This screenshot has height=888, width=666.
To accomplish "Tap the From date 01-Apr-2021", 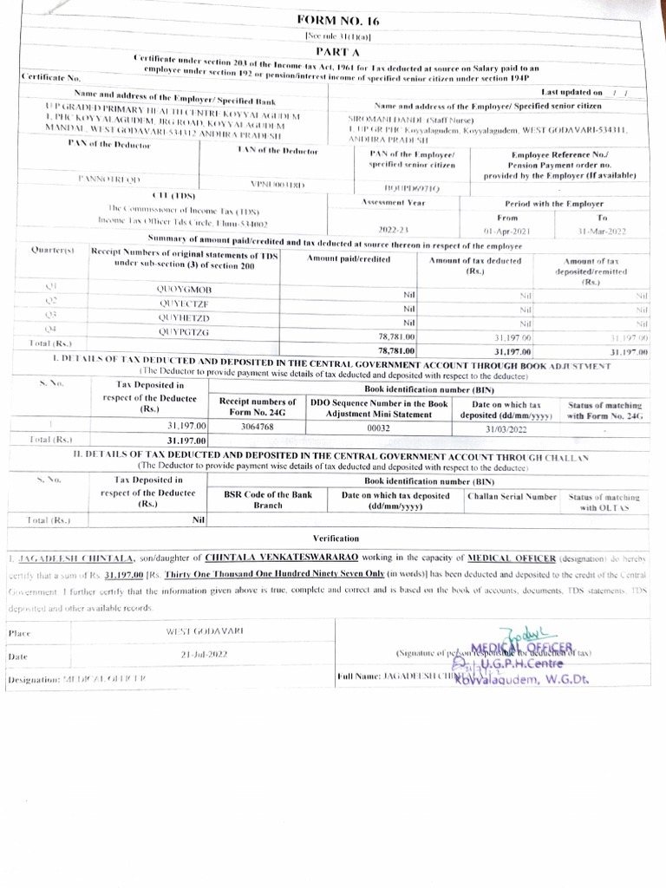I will coord(506,232).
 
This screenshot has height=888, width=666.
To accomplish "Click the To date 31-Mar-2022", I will coord(603,232).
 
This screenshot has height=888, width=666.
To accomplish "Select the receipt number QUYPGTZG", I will coord(184,332).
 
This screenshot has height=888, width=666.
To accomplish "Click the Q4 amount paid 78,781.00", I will coord(397,336).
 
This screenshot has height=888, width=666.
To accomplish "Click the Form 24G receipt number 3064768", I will coord(258,427).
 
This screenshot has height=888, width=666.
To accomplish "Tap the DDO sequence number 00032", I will coord(379,427).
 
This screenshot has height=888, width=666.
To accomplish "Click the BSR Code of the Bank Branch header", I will coord(268,500).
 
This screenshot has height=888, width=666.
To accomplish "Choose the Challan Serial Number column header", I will coord(512,496).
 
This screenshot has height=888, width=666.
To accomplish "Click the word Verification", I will coord(336,539).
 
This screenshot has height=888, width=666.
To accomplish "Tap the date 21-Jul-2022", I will coord(205,656).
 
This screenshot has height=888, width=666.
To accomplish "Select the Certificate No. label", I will coord(50,78).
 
